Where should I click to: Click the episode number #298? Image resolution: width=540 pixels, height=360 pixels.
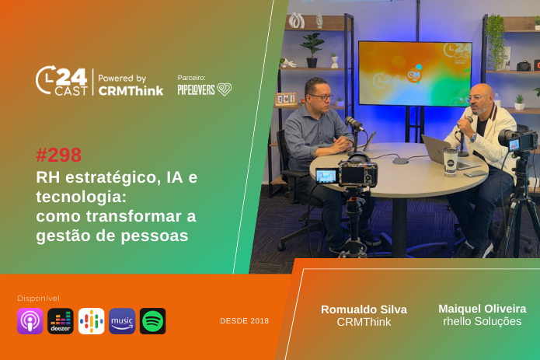click(59, 155)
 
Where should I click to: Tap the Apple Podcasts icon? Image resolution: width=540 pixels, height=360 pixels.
click(30, 320)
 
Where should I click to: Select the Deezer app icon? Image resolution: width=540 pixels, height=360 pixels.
click(61, 320)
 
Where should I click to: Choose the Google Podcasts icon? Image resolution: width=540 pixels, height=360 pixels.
click(91, 320)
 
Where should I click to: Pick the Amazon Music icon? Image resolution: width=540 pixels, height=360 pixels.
click(122, 320)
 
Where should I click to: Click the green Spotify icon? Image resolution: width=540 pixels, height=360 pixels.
click(152, 320)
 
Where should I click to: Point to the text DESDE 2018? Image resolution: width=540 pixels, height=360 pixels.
click(244, 320)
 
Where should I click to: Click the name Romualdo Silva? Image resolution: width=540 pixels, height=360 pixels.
click(364, 309)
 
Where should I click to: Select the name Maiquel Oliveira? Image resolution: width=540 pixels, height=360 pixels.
click(482, 308)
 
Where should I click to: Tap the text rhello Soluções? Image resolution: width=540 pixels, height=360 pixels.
click(482, 321)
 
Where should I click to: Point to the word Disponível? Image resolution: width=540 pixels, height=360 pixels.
click(38, 298)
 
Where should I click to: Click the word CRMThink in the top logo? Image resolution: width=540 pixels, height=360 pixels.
click(131, 90)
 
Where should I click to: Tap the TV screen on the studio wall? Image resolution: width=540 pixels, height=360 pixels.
click(414, 74)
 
